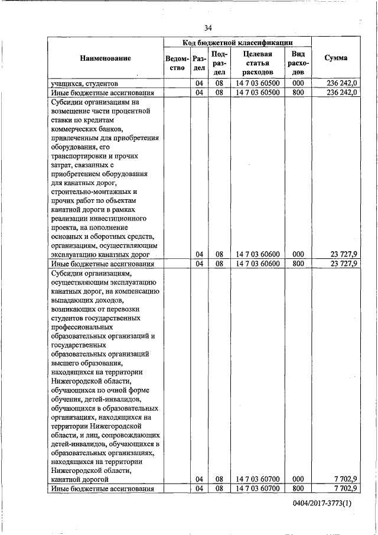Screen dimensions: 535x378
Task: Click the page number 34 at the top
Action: (208, 28)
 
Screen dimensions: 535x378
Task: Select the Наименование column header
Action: (106, 58)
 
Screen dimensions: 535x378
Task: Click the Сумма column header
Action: (336, 58)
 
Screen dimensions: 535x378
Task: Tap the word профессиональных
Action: (84, 327)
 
